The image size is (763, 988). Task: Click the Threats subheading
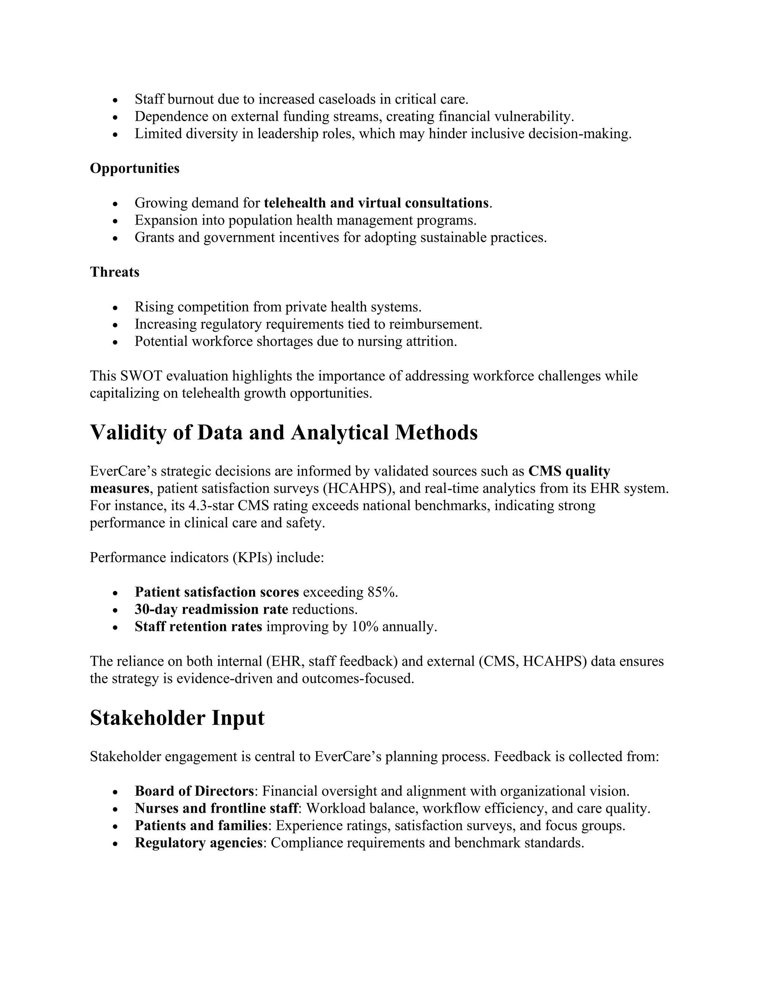click(114, 272)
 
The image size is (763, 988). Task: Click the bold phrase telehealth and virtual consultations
click(376, 203)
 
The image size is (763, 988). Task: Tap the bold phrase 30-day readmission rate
click(211, 609)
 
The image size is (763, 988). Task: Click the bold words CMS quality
click(569, 471)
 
